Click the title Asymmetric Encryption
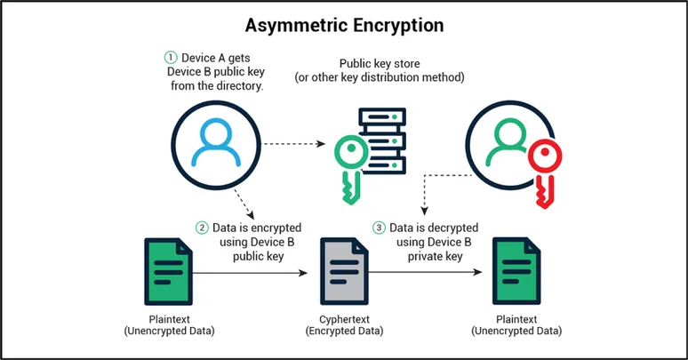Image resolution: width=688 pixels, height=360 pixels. coord(343,25)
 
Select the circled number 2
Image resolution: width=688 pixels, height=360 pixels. coord(204,228)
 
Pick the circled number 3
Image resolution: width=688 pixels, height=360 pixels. coord(380,228)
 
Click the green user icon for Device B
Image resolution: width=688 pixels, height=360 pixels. coord(503,143)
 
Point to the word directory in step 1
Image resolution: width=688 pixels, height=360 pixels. coord(238,87)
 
